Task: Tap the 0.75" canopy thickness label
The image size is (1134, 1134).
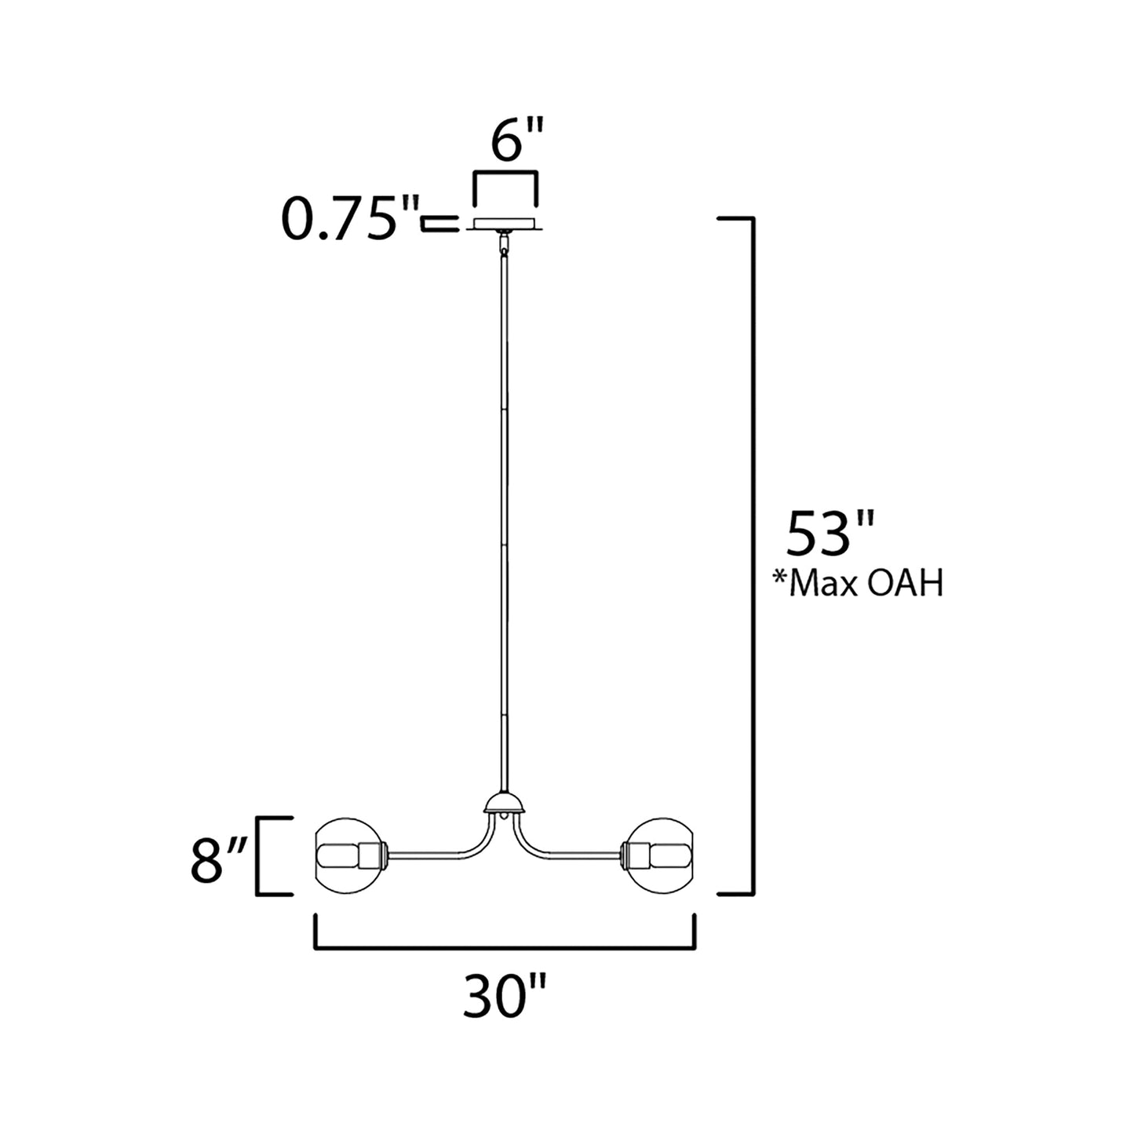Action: (348, 221)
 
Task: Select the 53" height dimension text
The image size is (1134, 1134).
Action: (819, 534)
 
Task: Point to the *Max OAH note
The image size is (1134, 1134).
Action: (857, 585)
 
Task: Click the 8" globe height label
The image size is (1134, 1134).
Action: (219, 861)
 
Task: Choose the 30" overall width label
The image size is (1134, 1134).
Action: (503, 997)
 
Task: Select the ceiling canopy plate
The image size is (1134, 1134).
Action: (505, 224)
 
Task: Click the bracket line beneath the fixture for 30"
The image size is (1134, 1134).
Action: (505, 947)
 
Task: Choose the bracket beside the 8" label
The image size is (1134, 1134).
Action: (260, 855)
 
